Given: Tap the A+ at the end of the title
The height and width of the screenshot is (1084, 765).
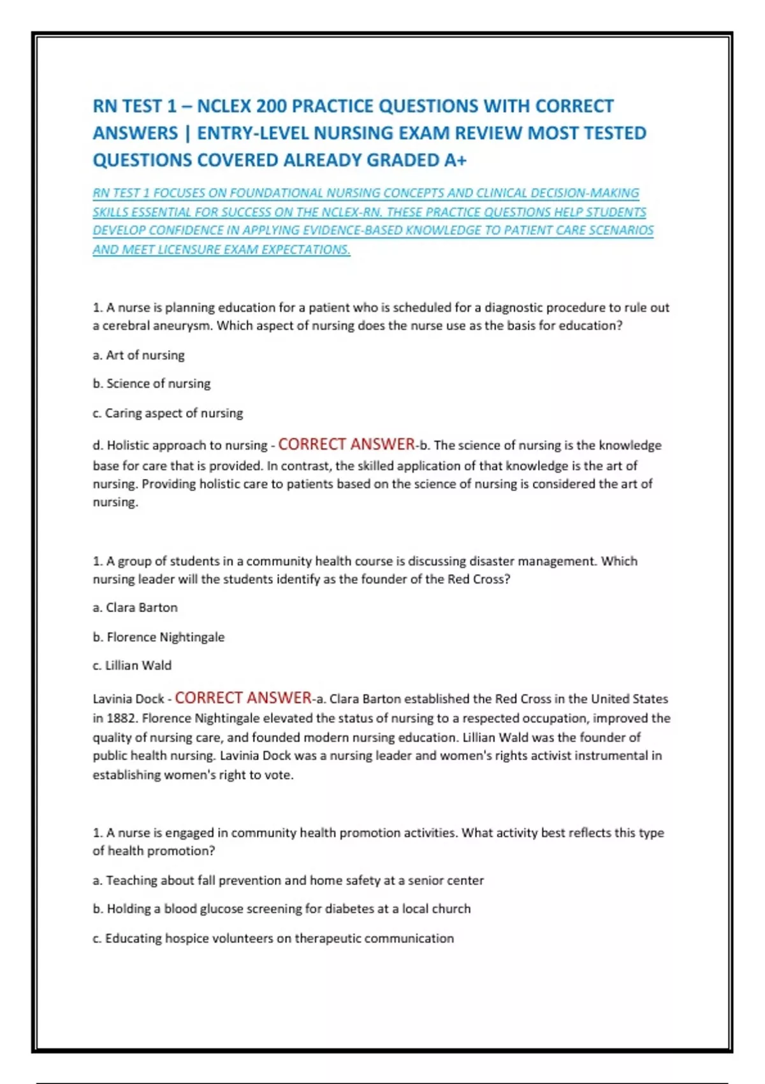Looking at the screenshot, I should pyautogui.click(x=455, y=160).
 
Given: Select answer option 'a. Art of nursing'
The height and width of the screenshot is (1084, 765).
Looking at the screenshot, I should pyautogui.click(x=139, y=355).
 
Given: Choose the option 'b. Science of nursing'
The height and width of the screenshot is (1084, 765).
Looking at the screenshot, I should pyautogui.click(x=152, y=383).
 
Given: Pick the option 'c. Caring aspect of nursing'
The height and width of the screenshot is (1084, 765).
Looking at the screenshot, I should pyautogui.click(x=168, y=413).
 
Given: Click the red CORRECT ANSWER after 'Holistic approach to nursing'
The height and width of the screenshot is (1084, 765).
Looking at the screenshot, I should pyautogui.click(x=347, y=444).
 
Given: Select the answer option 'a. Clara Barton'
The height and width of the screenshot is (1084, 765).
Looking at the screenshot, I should pyautogui.click(x=135, y=608).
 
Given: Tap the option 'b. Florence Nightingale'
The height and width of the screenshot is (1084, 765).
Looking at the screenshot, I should pyautogui.click(x=159, y=637).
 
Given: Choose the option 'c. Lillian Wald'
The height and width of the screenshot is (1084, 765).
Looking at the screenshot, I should pyautogui.click(x=132, y=665).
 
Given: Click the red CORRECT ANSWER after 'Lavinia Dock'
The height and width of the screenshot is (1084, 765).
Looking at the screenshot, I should pyautogui.click(x=243, y=698).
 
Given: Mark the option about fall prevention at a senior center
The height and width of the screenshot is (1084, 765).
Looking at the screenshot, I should pyautogui.click(x=288, y=881).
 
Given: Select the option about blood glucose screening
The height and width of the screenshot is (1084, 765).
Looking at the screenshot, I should pyautogui.click(x=282, y=909).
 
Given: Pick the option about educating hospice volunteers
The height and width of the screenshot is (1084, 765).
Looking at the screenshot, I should pyautogui.click(x=273, y=939).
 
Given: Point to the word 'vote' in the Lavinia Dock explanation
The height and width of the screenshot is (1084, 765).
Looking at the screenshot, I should pyautogui.click(x=277, y=775).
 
